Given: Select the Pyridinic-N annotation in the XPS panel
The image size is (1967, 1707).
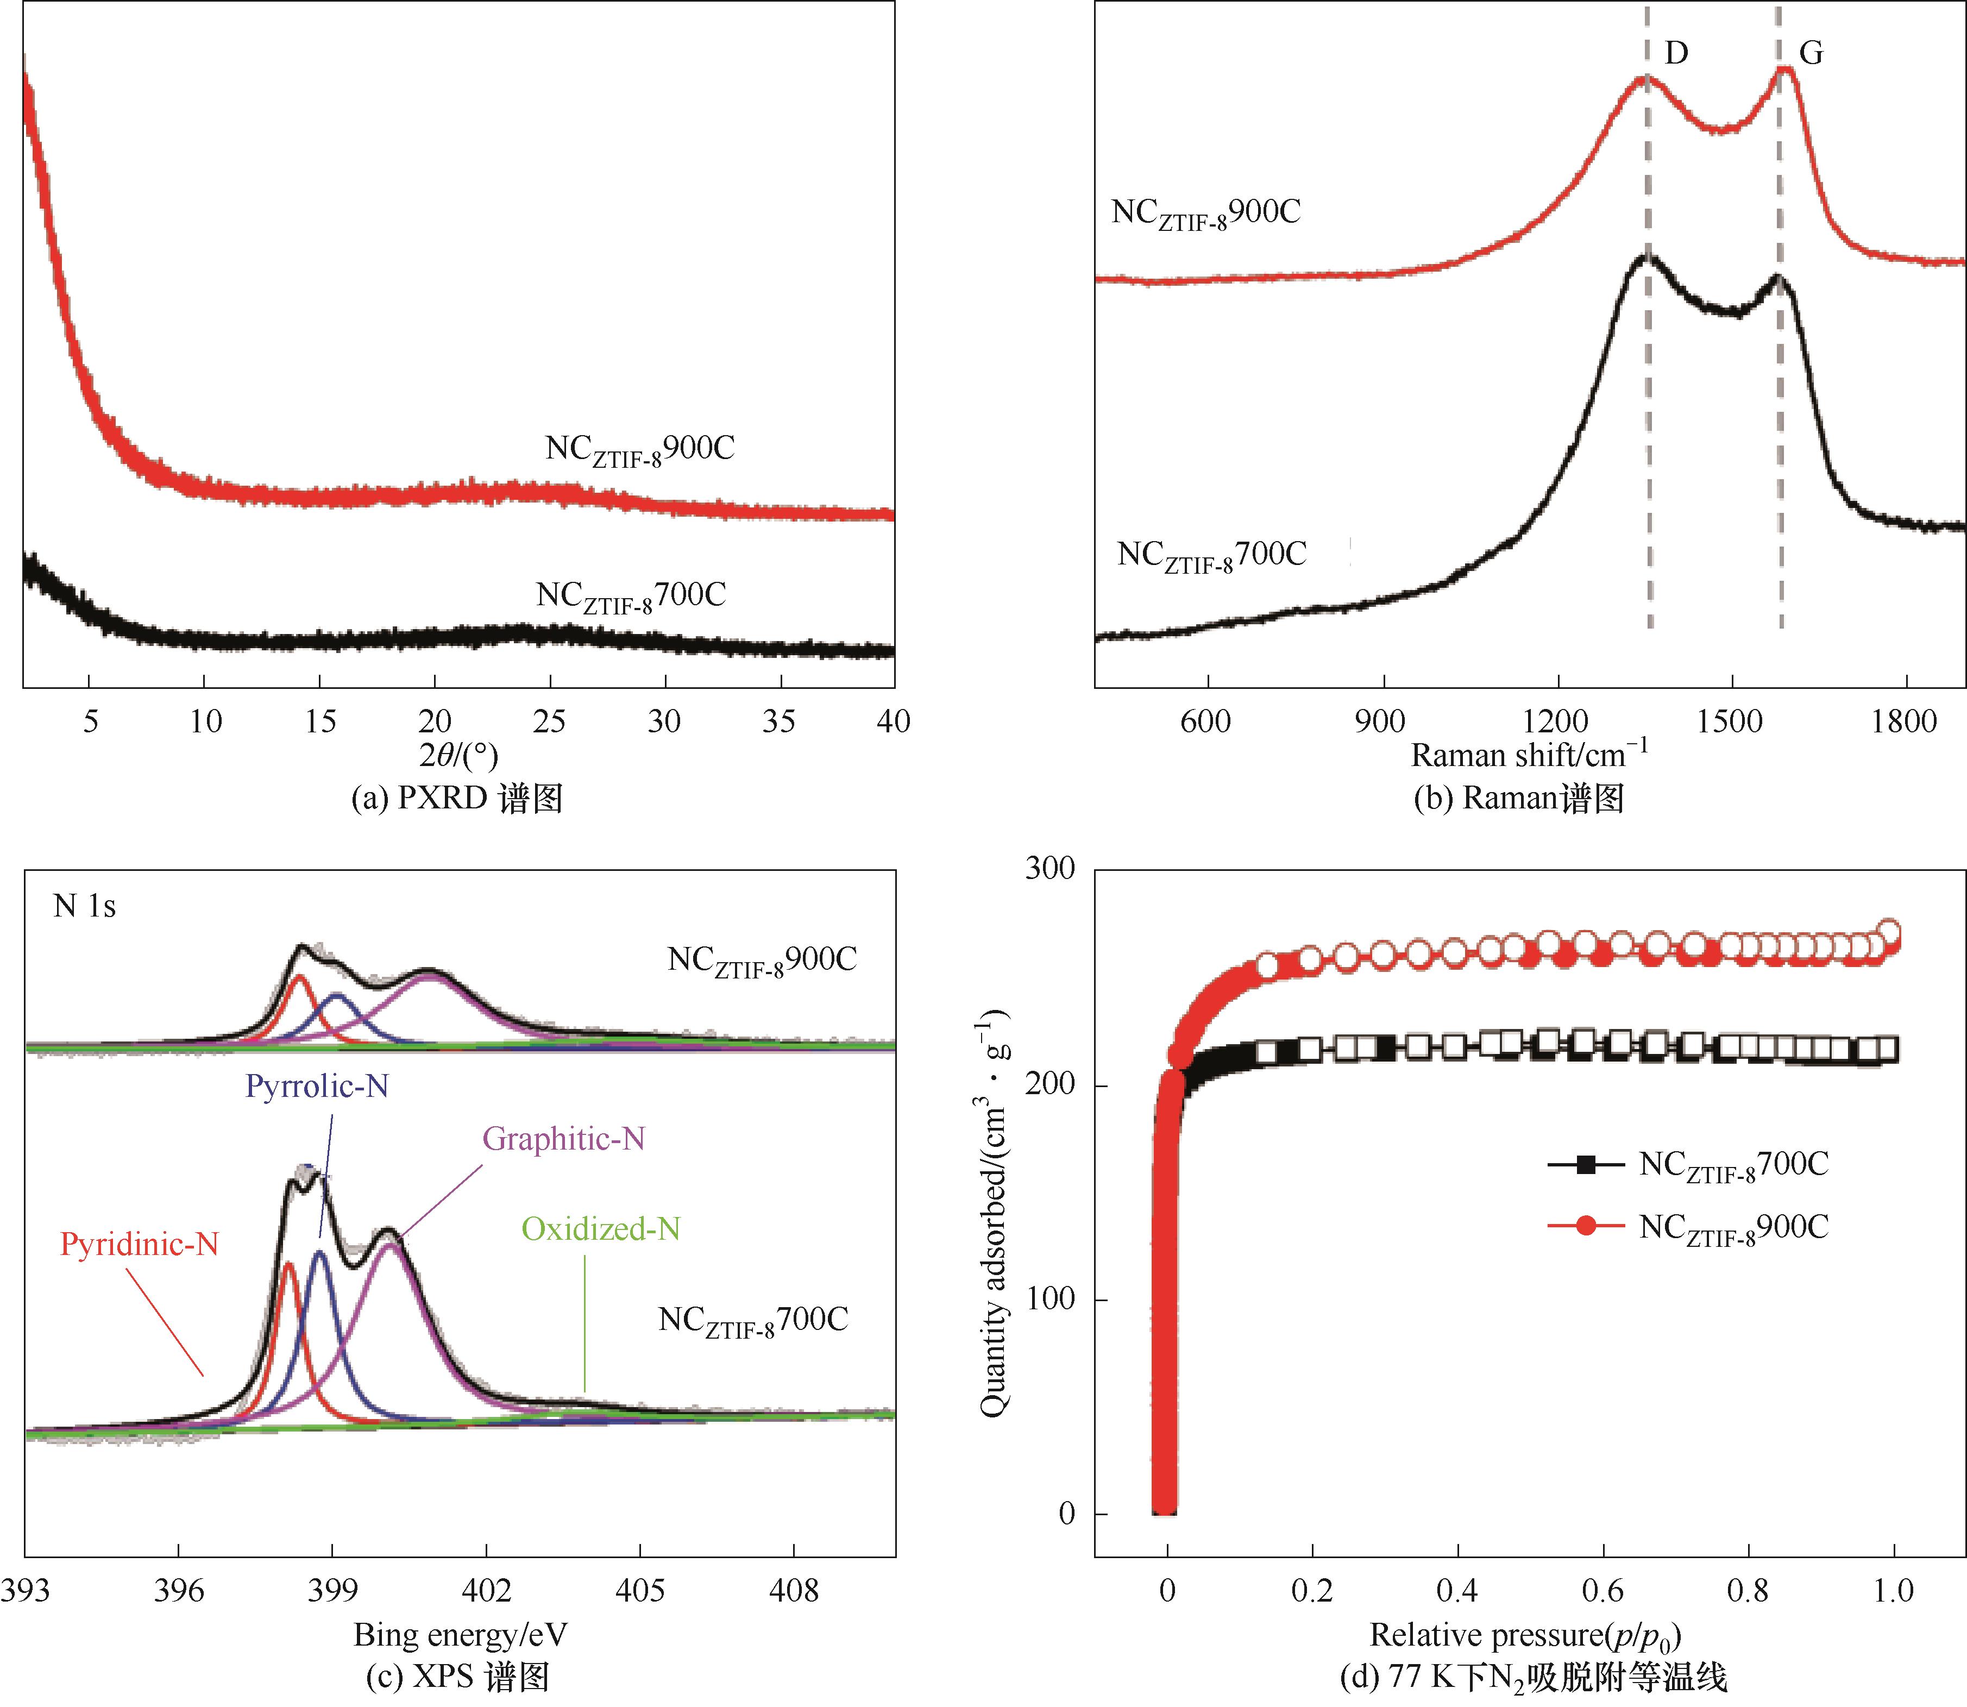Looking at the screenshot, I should click(139, 1244).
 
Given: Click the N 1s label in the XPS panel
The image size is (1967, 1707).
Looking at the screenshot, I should click(85, 906).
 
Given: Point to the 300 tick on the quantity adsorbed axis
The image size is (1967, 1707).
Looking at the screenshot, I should click(1050, 869).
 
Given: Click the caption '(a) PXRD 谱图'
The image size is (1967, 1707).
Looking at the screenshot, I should click(457, 798).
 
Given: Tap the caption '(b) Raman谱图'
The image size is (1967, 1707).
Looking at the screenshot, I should click(1518, 798).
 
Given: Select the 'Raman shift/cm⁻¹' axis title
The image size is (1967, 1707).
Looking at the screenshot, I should click(1528, 755).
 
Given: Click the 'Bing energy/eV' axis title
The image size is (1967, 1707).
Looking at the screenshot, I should click(460, 1635).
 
